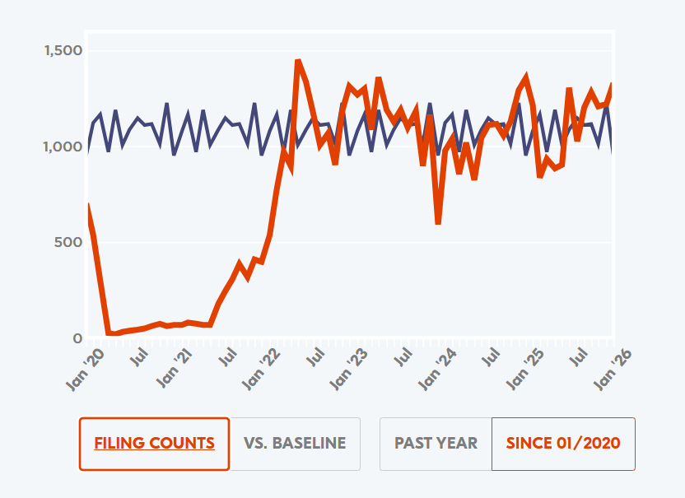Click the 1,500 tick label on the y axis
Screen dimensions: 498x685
[x=63, y=51]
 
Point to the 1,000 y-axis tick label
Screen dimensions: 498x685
[x=63, y=147]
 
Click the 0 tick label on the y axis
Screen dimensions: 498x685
[x=77, y=338]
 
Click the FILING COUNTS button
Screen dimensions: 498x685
[x=155, y=444]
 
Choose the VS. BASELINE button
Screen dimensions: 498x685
[x=295, y=444]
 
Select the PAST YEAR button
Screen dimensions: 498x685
[x=436, y=444]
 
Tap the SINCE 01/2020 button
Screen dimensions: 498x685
[x=563, y=444]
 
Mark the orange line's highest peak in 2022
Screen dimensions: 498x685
[x=298, y=61]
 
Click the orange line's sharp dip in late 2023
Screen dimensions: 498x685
[x=438, y=222]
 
